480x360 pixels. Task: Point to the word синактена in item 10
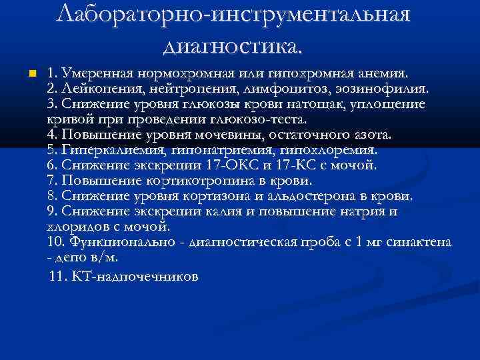pos(419,241)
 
